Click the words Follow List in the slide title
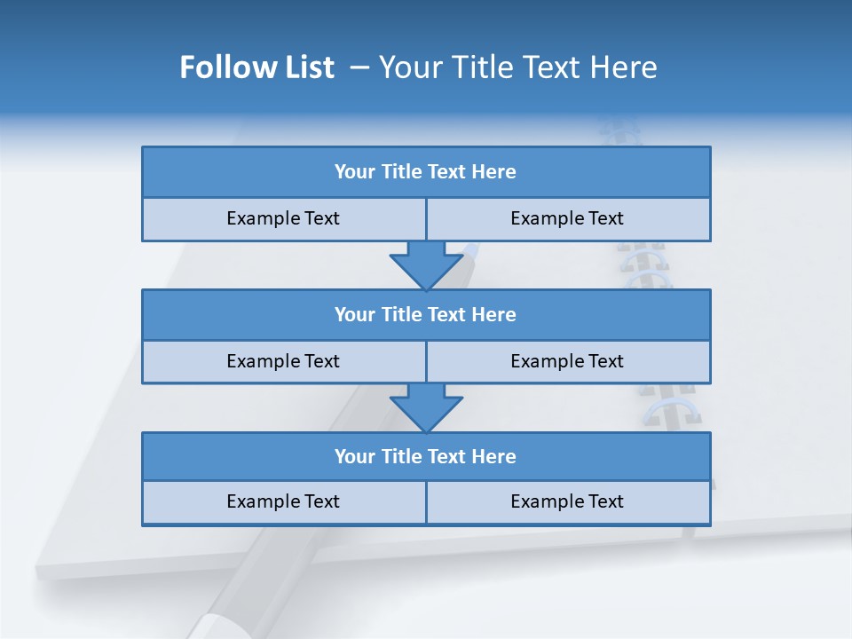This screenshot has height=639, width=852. point(256,67)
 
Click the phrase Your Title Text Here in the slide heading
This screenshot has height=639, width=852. point(518,67)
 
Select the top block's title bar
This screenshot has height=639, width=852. point(426,172)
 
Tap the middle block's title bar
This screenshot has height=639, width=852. point(426,314)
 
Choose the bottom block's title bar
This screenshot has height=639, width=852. point(426,456)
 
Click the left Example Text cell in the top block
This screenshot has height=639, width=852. point(283,218)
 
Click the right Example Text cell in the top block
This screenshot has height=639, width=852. point(567,218)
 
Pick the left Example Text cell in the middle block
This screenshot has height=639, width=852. point(283,361)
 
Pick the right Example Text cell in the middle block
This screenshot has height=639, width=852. point(567,361)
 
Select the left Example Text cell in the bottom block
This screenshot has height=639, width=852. point(283,501)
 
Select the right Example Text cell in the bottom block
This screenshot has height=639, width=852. point(567,501)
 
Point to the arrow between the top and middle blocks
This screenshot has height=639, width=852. point(426,264)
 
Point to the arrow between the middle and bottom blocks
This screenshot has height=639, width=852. point(426,407)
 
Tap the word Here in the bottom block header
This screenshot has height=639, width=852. point(493,456)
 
